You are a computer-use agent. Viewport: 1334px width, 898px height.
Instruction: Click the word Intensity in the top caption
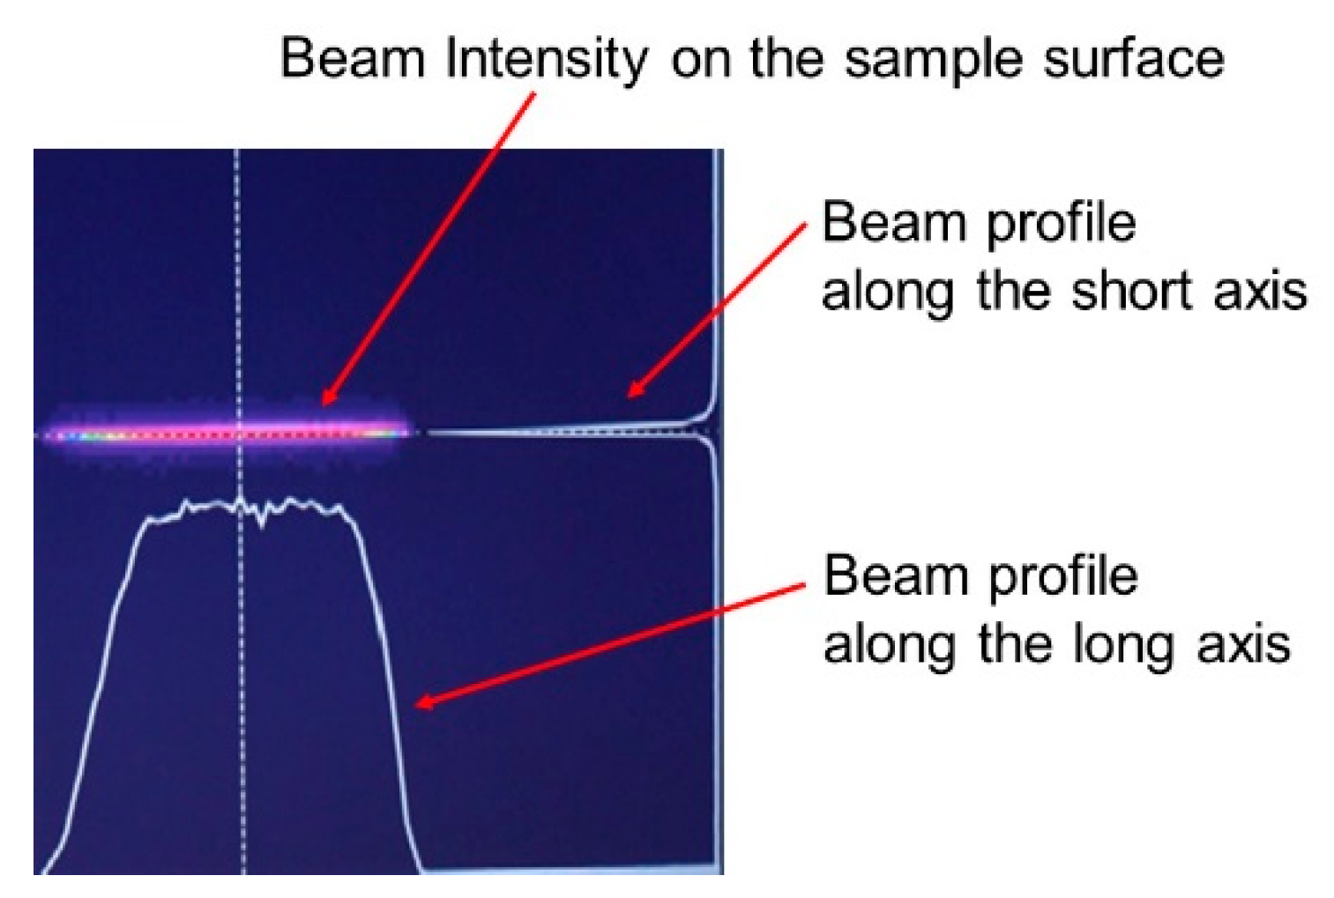tap(546, 60)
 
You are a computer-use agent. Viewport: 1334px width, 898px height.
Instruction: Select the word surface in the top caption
tap(1134, 59)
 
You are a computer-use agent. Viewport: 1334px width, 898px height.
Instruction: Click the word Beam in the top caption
tap(353, 59)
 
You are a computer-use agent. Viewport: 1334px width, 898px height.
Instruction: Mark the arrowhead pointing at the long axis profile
tap(425, 703)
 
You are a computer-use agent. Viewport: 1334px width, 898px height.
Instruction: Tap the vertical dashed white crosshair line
tap(240, 512)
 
